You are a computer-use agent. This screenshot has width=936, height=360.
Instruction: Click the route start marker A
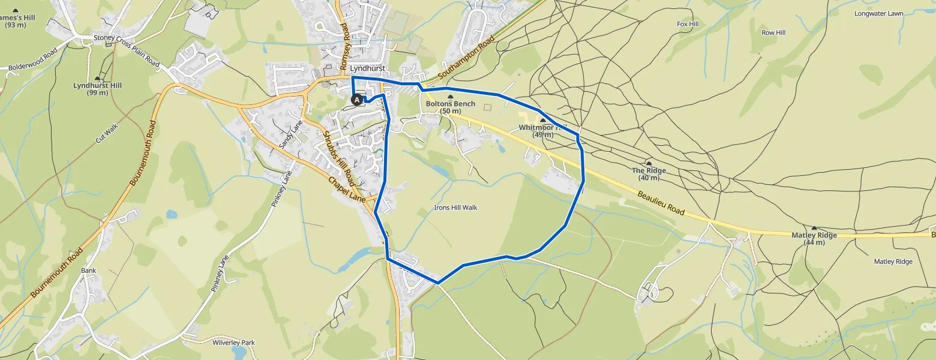(356, 100)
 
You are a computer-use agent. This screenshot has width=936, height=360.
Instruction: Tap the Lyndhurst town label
(367, 69)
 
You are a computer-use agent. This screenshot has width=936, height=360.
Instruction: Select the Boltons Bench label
(450, 104)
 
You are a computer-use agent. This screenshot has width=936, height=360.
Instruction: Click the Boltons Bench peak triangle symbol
(451, 96)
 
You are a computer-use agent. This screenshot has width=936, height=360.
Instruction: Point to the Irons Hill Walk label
(455, 208)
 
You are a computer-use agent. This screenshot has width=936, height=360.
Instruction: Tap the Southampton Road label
(466, 58)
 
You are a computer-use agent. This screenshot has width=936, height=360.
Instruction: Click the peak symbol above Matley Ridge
(814, 228)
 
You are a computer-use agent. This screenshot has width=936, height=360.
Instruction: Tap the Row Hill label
(773, 33)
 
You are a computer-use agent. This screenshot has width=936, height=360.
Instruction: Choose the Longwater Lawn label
(879, 13)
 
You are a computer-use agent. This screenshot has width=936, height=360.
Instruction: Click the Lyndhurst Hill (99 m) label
(97, 89)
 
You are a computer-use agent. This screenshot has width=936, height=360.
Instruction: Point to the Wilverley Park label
(233, 343)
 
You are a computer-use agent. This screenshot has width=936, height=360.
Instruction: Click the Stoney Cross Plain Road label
(127, 52)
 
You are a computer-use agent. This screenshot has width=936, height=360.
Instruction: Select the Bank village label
(88, 271)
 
